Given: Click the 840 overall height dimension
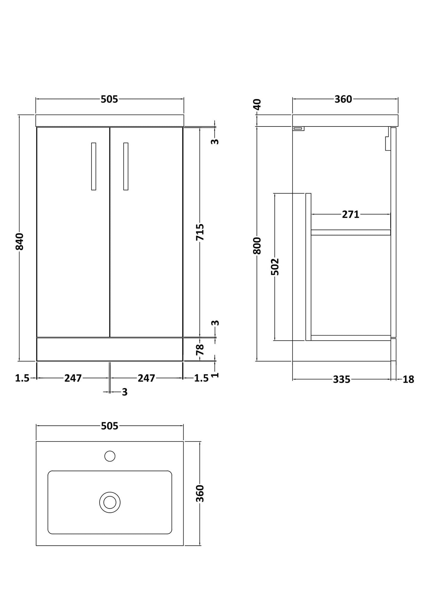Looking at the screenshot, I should point(19,241).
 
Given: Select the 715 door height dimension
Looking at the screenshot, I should point(200,232).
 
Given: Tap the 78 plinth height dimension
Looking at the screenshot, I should point(200,349).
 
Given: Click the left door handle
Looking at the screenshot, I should point(94,166).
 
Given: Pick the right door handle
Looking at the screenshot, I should point(126,166).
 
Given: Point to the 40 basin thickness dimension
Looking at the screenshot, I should point(257,104).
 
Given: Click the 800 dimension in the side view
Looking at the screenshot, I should point(257,245).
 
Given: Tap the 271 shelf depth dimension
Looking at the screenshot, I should point(350,214).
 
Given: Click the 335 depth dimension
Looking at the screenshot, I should point(342,379).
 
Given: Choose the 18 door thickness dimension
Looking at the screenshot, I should point(408,379).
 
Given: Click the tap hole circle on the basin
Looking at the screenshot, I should point(110,456).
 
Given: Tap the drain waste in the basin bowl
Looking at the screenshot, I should point(110,502).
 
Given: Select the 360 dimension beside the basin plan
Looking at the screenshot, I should point(200,493).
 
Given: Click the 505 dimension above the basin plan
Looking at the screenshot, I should point(109,426).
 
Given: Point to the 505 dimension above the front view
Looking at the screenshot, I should point(109,99).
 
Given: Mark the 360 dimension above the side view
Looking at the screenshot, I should point(343,99).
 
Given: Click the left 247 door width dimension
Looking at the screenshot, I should point(73,378).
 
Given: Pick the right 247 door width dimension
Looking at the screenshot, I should point(146,378).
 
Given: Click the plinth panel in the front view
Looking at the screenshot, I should point(109,349).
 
